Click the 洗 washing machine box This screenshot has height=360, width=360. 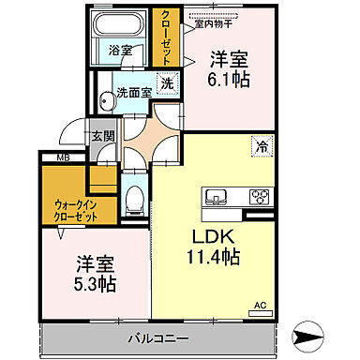(x=166, y=82)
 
